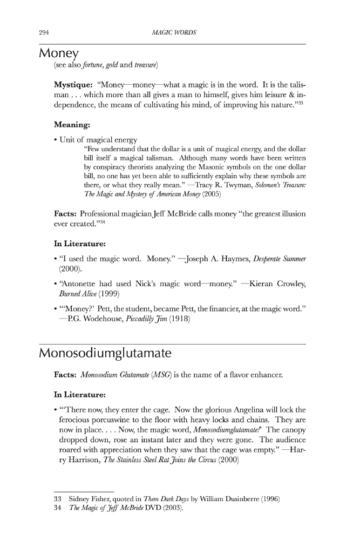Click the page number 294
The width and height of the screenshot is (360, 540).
[x=44, y=33]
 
